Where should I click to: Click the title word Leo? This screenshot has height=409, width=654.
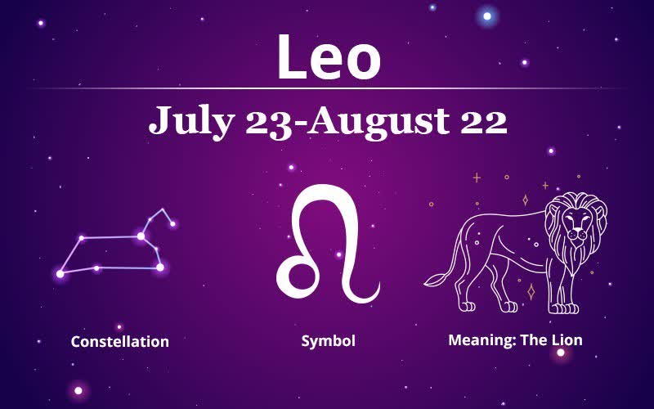(329, 57)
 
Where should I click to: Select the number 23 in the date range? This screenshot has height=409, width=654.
(269, 121)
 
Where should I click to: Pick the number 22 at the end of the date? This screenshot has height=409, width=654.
(484, 121)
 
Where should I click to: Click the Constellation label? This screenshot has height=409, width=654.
(120, 341)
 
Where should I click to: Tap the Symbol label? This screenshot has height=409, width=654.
(329, 341)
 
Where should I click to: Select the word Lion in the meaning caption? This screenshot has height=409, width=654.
(567, 340)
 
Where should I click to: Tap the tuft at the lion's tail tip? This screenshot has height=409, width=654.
(435, 280)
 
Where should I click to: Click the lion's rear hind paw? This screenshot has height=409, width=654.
(467, 307)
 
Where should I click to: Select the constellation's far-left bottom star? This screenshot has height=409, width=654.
(60, 274)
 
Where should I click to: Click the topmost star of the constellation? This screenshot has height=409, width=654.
(162, 209)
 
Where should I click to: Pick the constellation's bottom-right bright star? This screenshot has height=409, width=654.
(160, 267)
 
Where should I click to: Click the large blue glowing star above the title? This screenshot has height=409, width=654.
(486, 16)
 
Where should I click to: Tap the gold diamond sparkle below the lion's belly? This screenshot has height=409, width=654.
(531, 292)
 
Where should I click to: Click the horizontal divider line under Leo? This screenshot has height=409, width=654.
(328, 88)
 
